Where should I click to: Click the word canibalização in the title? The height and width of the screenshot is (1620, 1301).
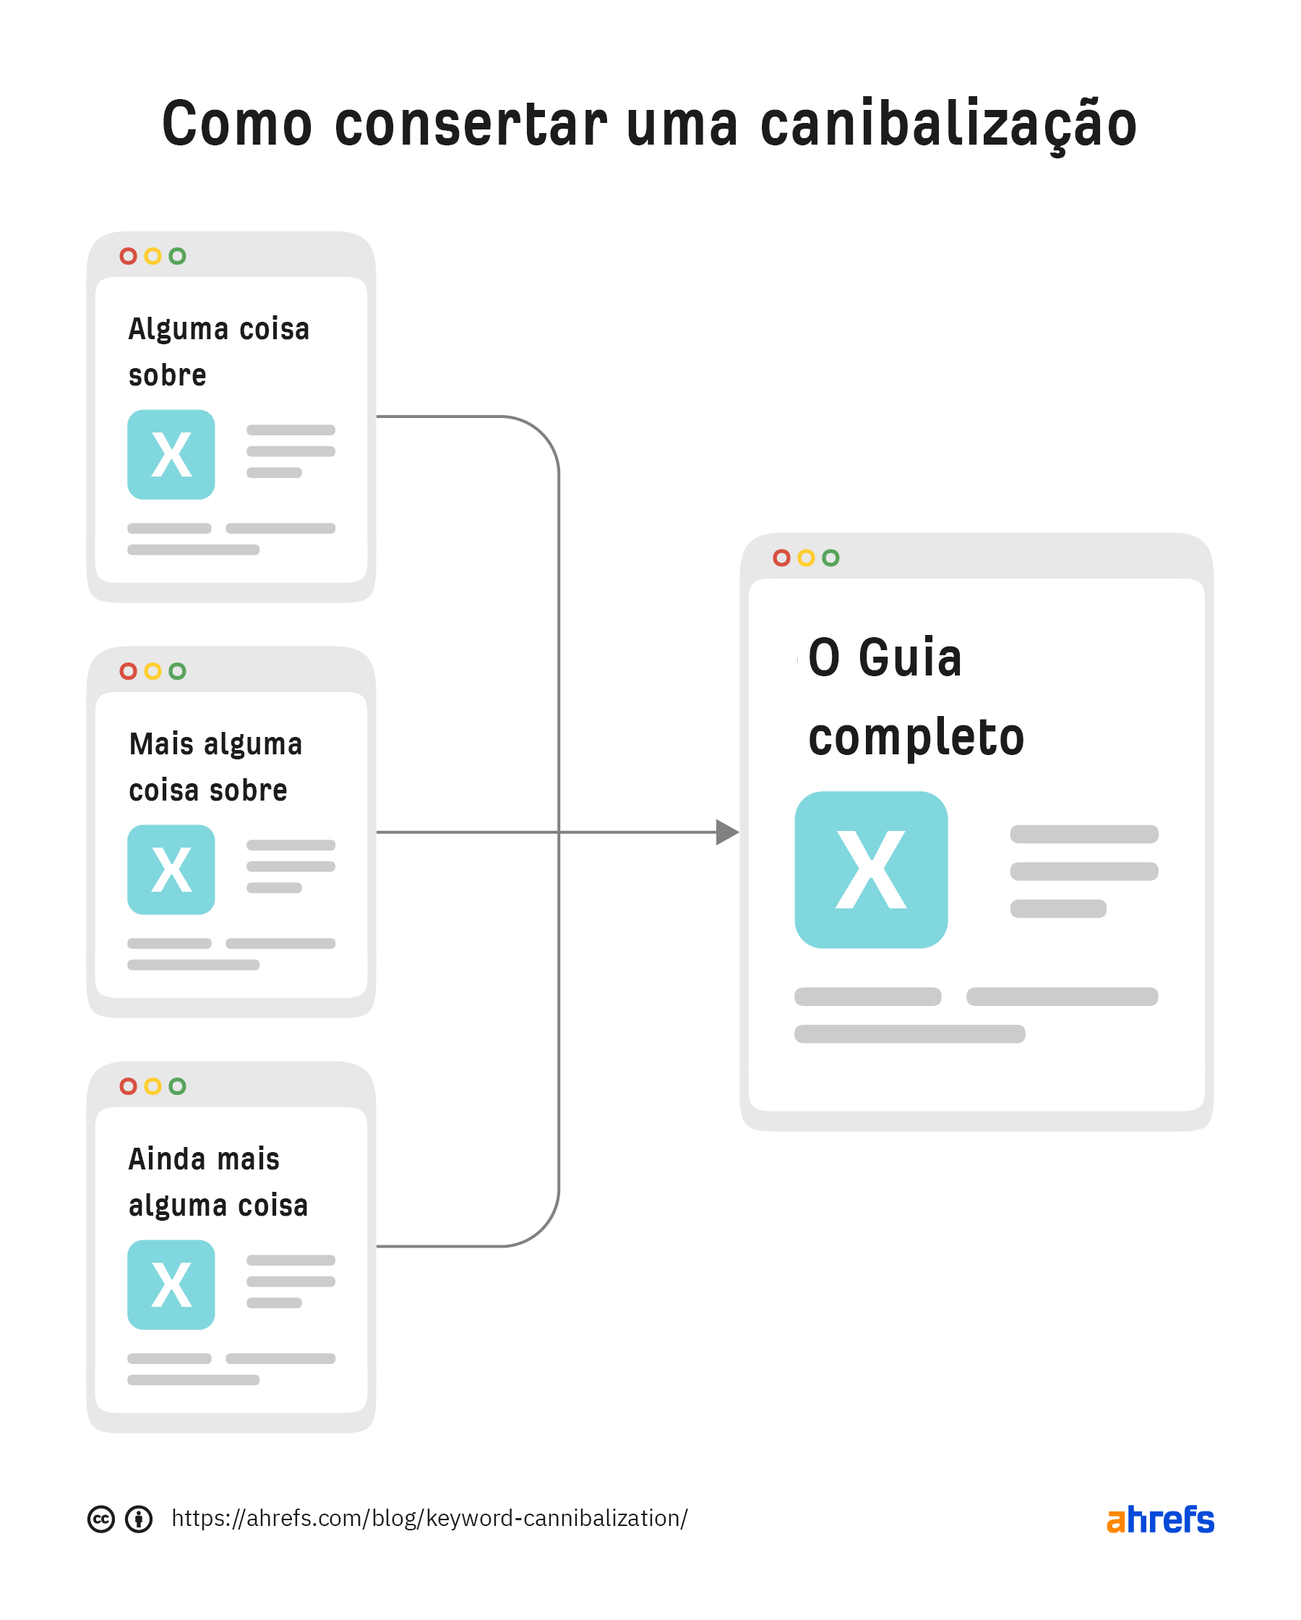pyautogui.click(x=948, y=124)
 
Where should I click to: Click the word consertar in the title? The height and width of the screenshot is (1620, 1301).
pyautogui.click(x=471, y=124)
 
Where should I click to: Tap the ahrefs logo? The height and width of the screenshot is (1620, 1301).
pyautogui.click(x=1160, y=1519)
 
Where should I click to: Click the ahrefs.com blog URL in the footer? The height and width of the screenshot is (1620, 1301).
pyautogui.click(x=429, y=1519)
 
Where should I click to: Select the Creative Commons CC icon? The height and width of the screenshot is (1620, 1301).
pyautogui.click(x=101, y=1519)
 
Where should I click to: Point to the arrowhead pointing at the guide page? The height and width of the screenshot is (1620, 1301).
pyautogui.click(x=727, y=832)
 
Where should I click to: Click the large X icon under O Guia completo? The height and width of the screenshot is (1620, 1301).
pyautogui.click(x=871, y=869)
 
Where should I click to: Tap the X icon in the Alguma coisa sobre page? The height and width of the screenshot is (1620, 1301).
pyautogui.click(x=171, y=455)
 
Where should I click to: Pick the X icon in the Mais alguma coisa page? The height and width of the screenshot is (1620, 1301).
pyautogui.click(x=171, y=869)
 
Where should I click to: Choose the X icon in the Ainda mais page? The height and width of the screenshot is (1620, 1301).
pyautogui.click(x=171, y=1285)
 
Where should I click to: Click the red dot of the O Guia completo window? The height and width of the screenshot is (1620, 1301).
pyautogui.click(x=781, y=558)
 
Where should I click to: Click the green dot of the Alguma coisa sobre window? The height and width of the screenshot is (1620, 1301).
pyautogui.click(x=177, y=256)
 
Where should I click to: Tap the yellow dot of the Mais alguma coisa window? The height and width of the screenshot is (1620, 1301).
pyautogui.click(x=153, y=671)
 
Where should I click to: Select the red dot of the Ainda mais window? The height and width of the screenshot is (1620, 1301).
pyautogui.click(x=129, y=1086)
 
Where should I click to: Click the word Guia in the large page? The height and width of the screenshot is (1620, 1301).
pyautogui.click(x=910, y=658)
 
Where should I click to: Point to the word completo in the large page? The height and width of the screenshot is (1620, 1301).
pyautogui.click(x=916, y=737)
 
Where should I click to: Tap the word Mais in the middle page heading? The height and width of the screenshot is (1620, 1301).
pyautogui.click(x=161, y=744)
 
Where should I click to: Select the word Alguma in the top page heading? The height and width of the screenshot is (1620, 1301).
pyautogui.click(x=178, y=330)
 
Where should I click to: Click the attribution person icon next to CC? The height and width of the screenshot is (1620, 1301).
pyautogui.click(x=139, y=1519)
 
